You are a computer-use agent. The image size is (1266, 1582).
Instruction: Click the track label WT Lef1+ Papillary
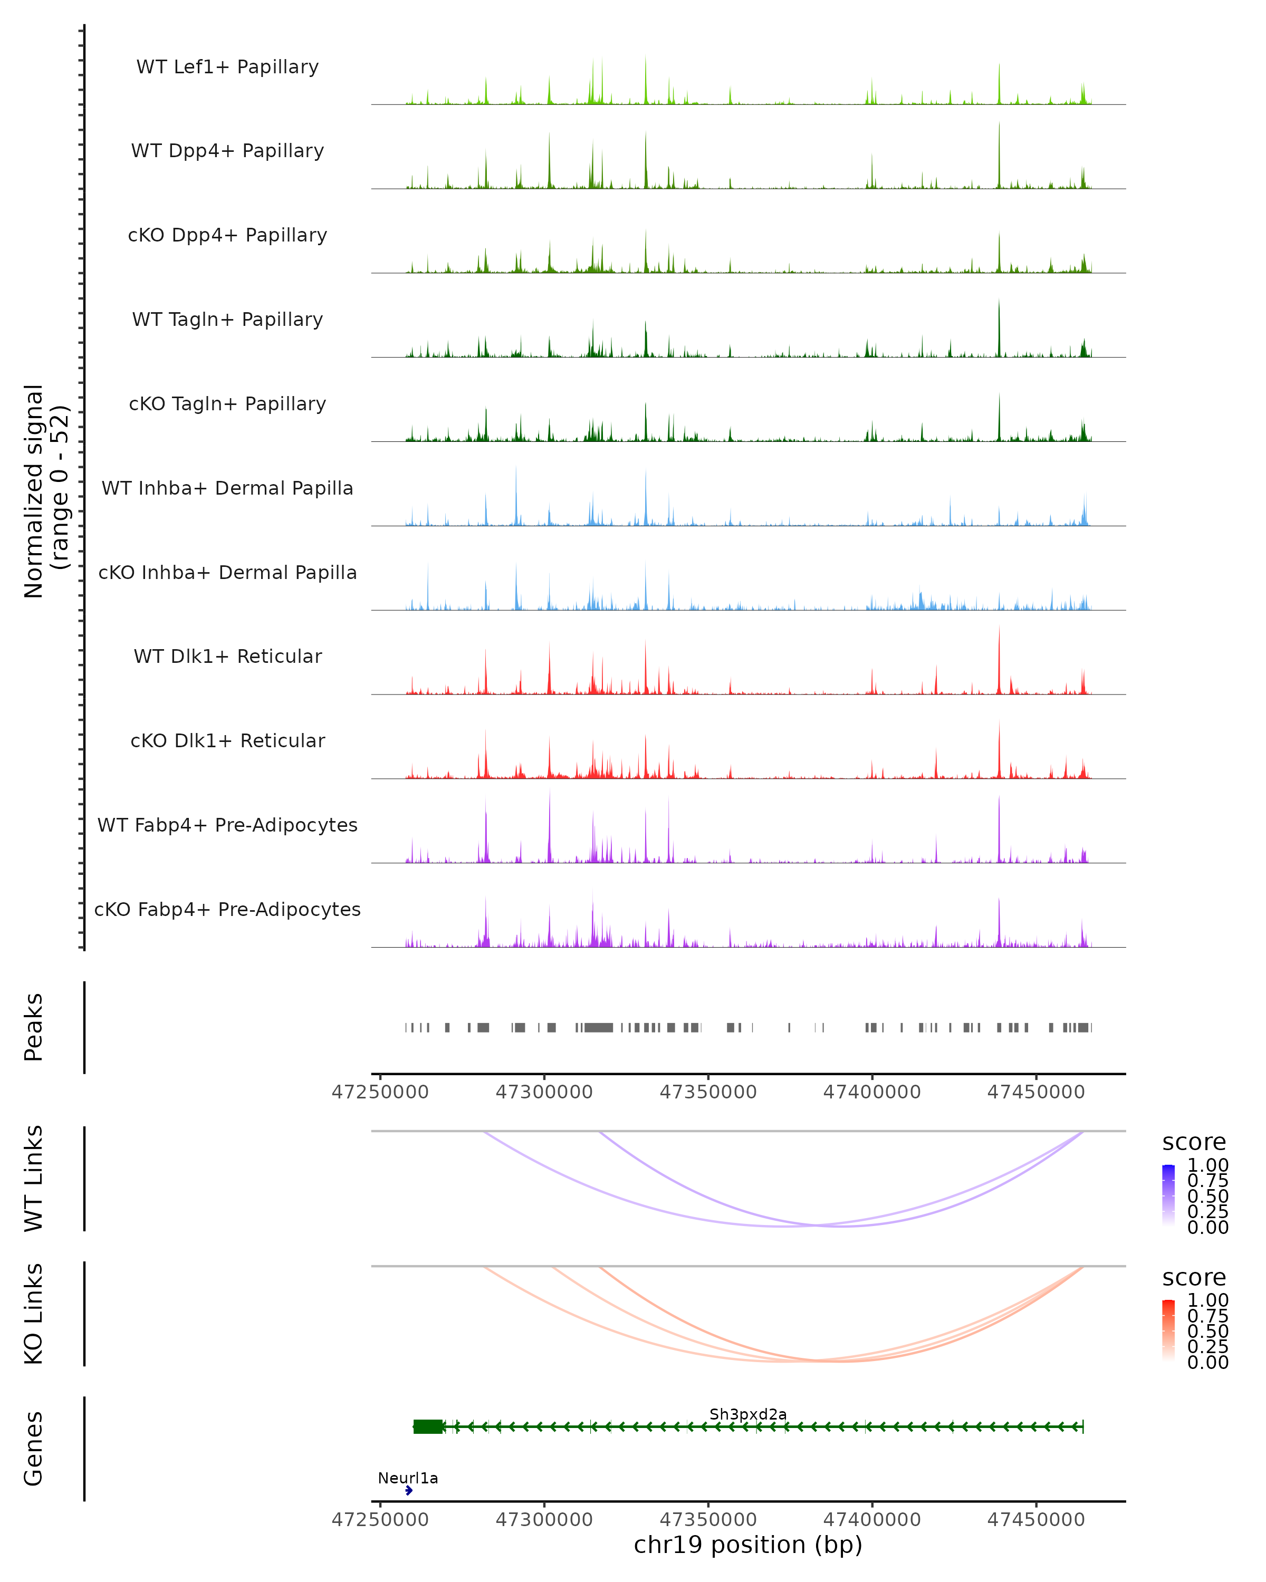point(227,67)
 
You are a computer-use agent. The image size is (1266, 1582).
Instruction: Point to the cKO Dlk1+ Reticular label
point(227,740)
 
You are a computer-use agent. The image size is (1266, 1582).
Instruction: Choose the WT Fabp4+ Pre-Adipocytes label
point(227,825)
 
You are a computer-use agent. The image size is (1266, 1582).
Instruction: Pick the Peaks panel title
point(34,1027)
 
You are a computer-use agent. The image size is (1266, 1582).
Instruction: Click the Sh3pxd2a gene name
point(748,1414)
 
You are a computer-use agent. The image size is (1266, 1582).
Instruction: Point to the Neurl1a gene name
point(408,1478)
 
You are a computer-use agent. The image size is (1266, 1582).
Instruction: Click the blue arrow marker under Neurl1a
point(409,1490)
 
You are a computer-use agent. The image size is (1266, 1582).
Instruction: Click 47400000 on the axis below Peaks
point(872,1092)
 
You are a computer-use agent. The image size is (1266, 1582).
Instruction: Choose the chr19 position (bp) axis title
point(748,1545)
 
